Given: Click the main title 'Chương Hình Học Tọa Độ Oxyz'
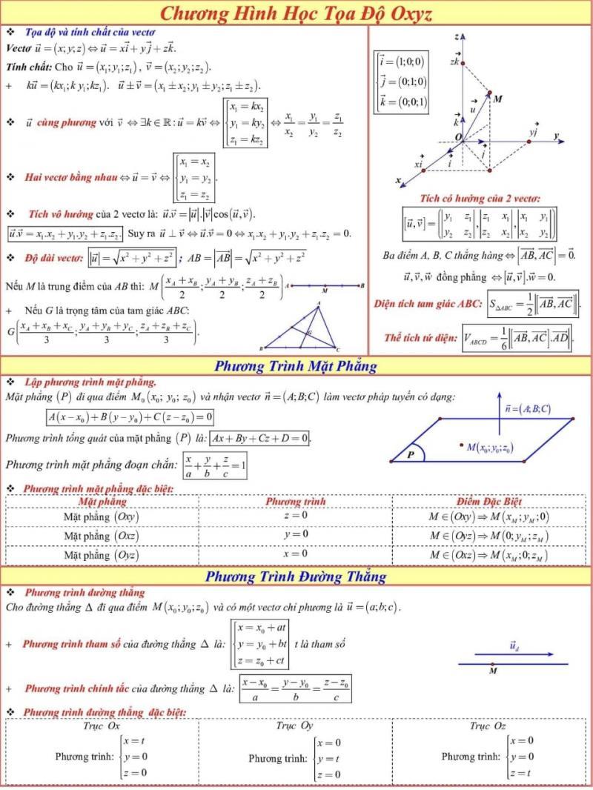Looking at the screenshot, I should [x=296, y=13].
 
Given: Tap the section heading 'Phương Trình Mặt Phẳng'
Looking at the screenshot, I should [x=296, y=365].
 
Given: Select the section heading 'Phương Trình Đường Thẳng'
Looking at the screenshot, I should [x=296, y=576].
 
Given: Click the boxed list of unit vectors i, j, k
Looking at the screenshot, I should [x=401, y=82].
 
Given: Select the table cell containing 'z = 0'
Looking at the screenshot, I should [x=296, y=516].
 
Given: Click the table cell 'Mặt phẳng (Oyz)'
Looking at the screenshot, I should [x=102, y=554].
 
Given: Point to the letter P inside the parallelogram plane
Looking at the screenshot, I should [x=410, y=455].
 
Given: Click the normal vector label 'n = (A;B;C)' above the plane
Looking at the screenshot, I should [x=527, y=408].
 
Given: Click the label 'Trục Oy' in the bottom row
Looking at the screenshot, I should [x=294, y=726].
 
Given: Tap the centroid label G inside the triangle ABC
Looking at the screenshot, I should [x=310, y=332].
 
